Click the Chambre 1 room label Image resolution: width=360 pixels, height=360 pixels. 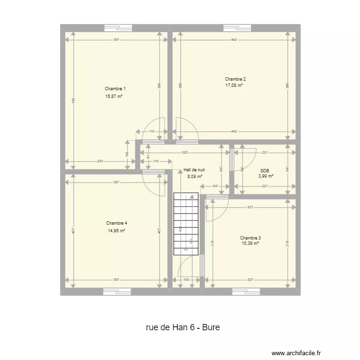click(x=115, y=89)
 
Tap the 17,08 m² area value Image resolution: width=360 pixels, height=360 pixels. click(x=234, y=85)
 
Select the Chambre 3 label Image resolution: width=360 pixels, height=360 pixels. click(x=251, y=238)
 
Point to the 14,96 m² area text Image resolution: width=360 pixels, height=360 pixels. click(x=117, y=231)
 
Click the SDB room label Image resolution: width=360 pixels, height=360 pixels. click(x=264, y=170)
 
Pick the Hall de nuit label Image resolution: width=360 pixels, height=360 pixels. click(x=194, y=170)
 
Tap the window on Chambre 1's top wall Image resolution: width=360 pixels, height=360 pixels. click(x=118, y=27)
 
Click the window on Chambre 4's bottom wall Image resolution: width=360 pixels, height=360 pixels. click(x=117, y=291)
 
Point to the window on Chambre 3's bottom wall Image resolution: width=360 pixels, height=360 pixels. click(x=246, y=291)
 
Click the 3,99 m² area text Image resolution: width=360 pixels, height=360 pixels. click(x=265, y=176)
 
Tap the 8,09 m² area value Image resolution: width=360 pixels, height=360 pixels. click(x=194, y=176)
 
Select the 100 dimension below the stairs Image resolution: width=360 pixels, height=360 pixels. click(x=186, y=280)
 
